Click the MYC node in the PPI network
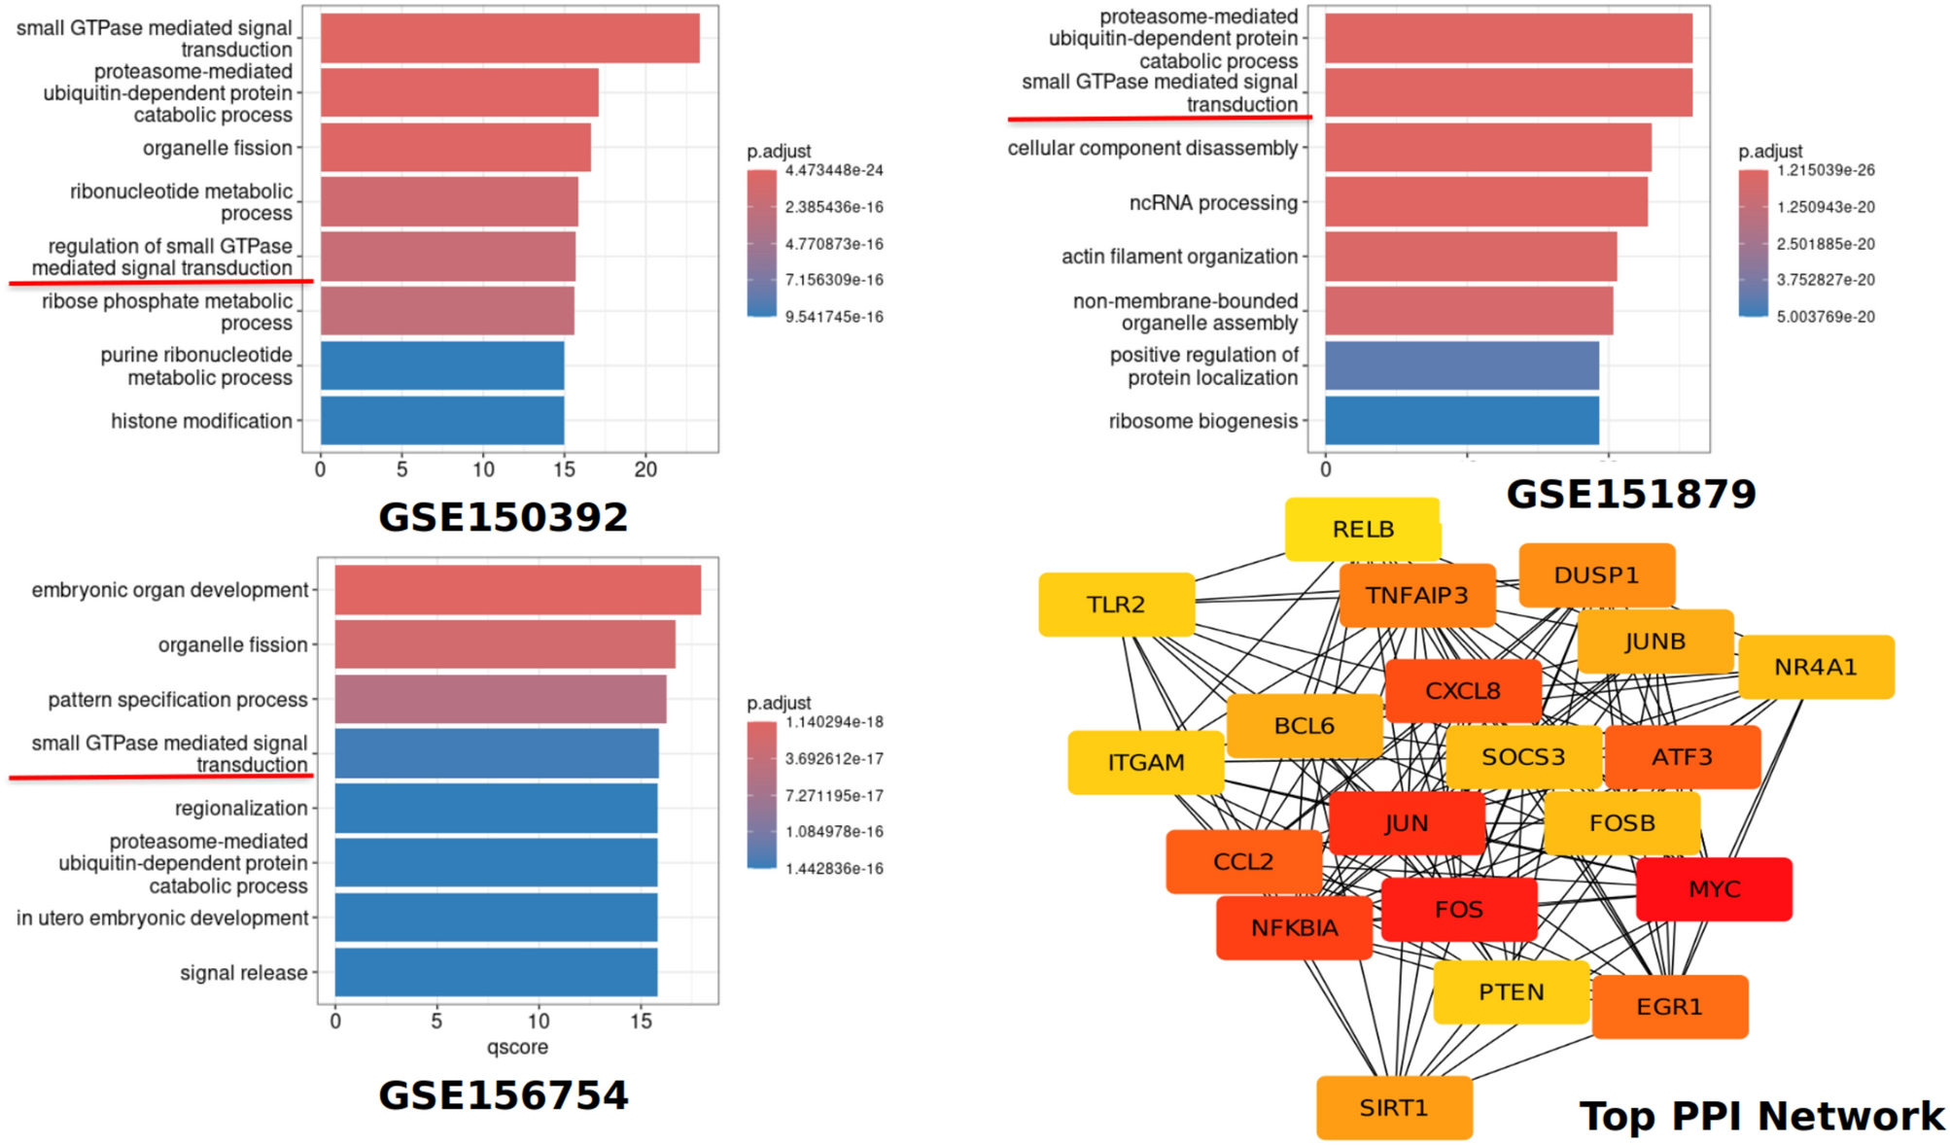[1714, 888]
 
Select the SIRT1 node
[1394, 1107]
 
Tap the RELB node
[1363, 529]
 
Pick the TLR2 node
[1116, 605]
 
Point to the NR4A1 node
[1815, 667]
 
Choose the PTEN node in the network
[1511, 991]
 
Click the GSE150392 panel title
[503, 517]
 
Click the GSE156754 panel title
[503, 1095]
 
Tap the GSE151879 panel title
[1631, 494]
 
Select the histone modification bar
[442, 420]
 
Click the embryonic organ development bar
[517, 590]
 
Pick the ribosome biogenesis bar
[1461, 420]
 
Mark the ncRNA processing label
[1212, 202]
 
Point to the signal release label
[243, 972]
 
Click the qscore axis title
[517, 1047]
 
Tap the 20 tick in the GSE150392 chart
[645, 469]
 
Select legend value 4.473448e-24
[834, 170]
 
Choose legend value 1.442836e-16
[834, 868]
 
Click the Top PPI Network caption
[1761, 1116]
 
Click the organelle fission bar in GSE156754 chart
[505, 644]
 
